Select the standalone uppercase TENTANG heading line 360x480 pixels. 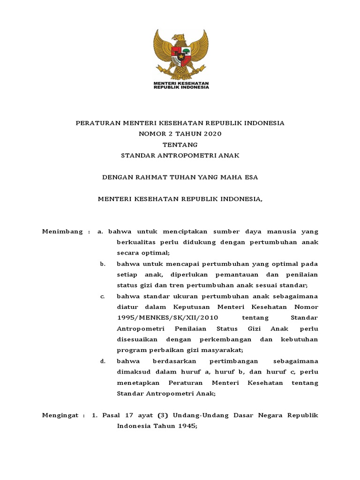click(180, 144)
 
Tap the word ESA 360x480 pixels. click(251, 177)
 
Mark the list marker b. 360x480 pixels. click(102, 264)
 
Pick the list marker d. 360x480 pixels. click(102, 361)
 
